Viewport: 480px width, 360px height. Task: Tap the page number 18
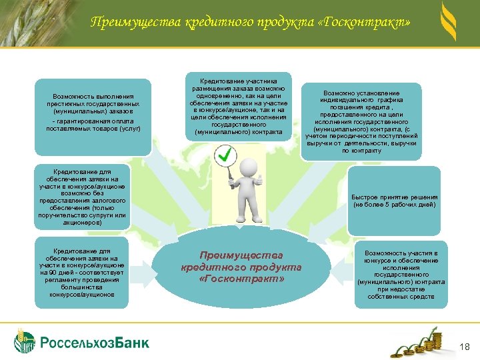pos(465,345)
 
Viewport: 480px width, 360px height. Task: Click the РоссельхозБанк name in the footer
pos(95,343)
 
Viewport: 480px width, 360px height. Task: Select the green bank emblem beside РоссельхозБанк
pos(25,341)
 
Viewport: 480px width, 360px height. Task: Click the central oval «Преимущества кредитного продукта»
pos(241,266)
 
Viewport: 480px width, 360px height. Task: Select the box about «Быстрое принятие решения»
pos(395,201)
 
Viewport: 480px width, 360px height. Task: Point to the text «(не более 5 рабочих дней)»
pos(395,205)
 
